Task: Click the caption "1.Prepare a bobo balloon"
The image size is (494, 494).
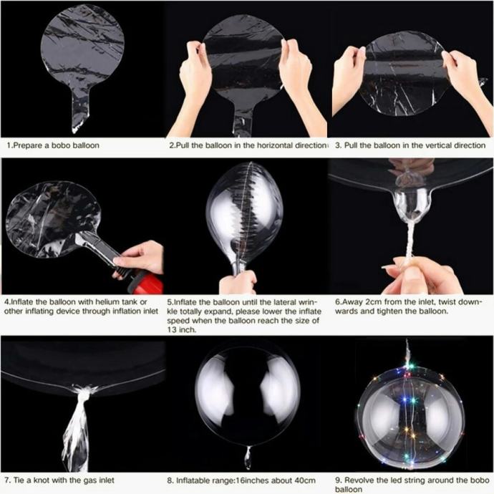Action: point(53,145)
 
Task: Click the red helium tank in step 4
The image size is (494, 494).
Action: point(147,284)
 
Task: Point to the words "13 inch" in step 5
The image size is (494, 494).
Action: point(180,330)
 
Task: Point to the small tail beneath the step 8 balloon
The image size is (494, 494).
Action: point(248,456)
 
